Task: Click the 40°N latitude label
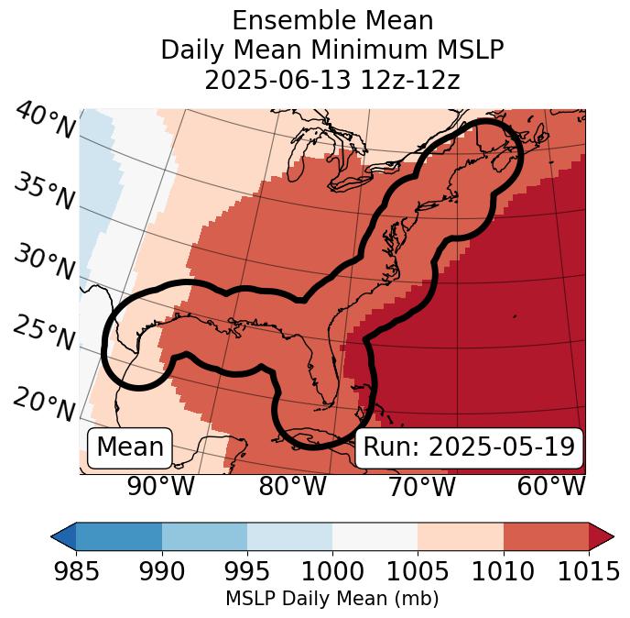pos(44,122)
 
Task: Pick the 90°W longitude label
pos(160,486)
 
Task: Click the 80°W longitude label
pos(292,486)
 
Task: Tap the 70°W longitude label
pos(421,486)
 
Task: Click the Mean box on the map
pos(130,447)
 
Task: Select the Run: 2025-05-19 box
pos(469,447)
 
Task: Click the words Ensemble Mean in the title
pos(332,20)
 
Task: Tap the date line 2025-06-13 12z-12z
pos(332,80)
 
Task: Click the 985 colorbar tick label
pos(76,572)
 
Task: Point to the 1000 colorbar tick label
pos(332,572)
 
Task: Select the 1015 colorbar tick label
pos(589,572)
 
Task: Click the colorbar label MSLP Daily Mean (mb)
pos(332,599)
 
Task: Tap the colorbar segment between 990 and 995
pos(204,535)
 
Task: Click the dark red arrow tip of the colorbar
pos(603,535)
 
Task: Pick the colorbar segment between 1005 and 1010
pos(461,535)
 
